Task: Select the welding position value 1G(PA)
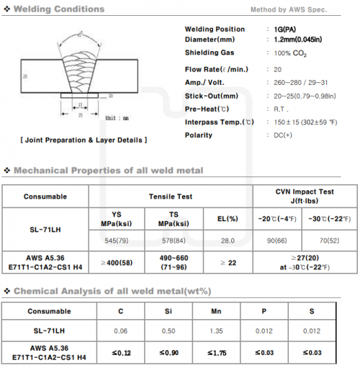tap(284, 30)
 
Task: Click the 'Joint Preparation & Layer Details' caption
tap(84, 139)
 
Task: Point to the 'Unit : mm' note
tap(117, 117)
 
